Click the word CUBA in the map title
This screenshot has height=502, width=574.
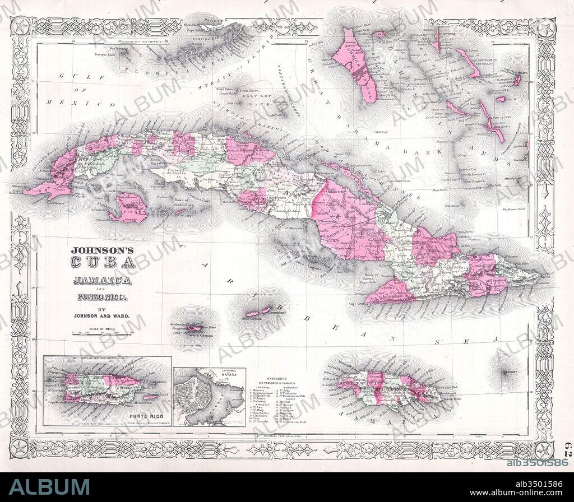point(103,262)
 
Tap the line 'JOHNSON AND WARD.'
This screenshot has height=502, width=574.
point(102,316)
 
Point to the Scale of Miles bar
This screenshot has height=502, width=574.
point(102,333)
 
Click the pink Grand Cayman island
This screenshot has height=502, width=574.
point(195,328)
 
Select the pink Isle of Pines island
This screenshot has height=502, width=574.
point(130,208)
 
